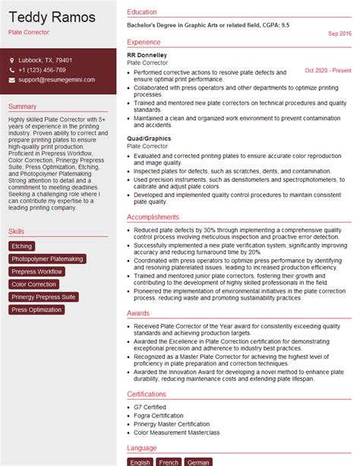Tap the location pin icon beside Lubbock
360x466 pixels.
pos(12,60)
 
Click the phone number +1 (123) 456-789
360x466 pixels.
pos(43,70)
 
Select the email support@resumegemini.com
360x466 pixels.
pos(57,80)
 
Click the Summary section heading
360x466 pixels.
pos(22,106)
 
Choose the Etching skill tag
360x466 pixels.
pos(22,246)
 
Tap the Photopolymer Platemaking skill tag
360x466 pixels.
pos(47,259)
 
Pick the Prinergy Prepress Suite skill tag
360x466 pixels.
pos(43,296)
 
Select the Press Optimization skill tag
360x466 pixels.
pos(36,309)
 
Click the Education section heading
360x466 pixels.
pos(142,12)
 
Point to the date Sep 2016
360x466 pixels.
pos(339,34)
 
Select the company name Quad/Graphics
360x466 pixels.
pos(149,138)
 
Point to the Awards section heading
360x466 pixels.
pos(138,312)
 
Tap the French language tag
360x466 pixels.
pos(169,461)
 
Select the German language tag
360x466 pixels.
pos(198,461)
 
